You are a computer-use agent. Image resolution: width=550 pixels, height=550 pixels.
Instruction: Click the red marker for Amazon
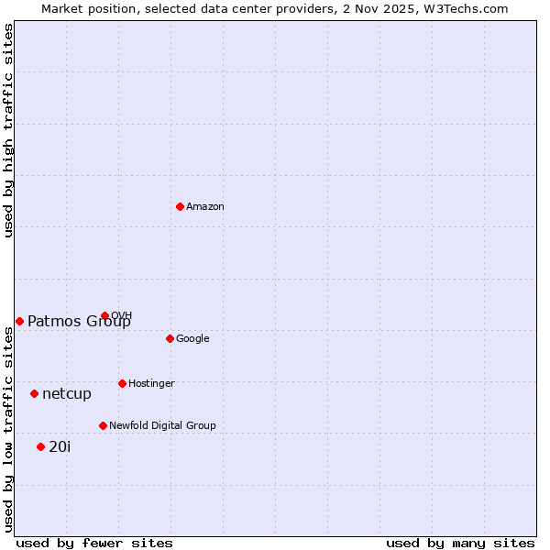(180, 206)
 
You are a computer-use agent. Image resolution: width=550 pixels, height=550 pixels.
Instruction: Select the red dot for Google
(170, 338)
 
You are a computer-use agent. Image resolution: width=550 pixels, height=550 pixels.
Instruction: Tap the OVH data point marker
(104, 315)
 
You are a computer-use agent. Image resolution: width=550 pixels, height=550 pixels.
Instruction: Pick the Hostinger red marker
(122, 383)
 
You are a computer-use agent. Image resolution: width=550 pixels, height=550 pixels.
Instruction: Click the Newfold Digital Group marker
(103, 425)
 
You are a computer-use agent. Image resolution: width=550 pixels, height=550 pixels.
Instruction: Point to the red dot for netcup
(34, 393)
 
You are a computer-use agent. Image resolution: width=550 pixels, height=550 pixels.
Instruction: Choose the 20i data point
(40, 446)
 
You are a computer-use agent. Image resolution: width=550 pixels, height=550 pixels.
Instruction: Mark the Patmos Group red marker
(19, 321)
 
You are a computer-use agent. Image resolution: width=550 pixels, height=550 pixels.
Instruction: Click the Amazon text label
(205, 207)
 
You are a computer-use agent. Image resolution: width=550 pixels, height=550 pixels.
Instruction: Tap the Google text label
(192, 339)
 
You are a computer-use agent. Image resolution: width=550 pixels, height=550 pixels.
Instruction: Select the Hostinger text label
(151, 384)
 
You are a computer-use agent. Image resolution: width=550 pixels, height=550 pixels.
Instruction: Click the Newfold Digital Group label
(162, 426)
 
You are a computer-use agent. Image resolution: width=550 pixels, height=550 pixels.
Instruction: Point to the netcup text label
(67, 394)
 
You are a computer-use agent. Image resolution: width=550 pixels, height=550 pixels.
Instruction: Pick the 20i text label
(60, 447)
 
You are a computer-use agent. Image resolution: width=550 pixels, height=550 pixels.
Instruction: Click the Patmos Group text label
(79, 322)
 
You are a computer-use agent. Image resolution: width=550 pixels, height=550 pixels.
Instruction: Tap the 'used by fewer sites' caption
(94, 543)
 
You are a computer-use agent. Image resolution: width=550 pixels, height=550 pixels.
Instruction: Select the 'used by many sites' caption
(460, 543)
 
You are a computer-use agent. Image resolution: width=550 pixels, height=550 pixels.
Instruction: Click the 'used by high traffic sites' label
(8, 130)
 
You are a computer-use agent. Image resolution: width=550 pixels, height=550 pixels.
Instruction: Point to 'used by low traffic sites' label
(8, 429)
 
